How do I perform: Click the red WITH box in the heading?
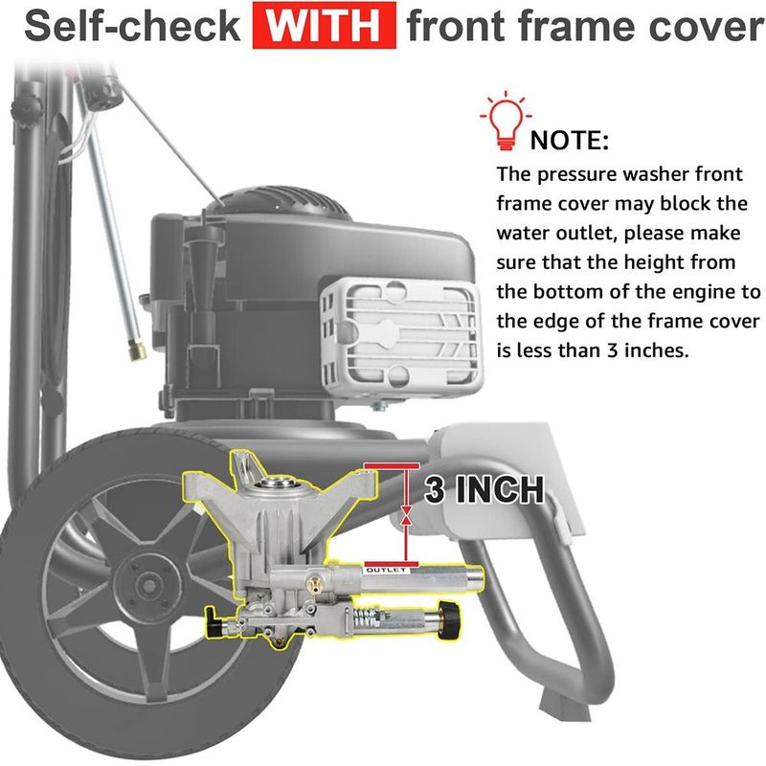(x=325, y=26)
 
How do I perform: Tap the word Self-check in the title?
(x=132, y=26)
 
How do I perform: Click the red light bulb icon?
(x=507, y=120)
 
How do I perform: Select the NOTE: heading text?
(x=570, y=141)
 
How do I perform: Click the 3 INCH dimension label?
(x=484, y=489)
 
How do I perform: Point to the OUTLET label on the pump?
(x=386, y=570)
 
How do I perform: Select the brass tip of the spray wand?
(x=137, y=349)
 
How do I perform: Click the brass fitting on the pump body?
(x=313, y=584)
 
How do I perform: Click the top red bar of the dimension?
(x=392, y=465)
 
